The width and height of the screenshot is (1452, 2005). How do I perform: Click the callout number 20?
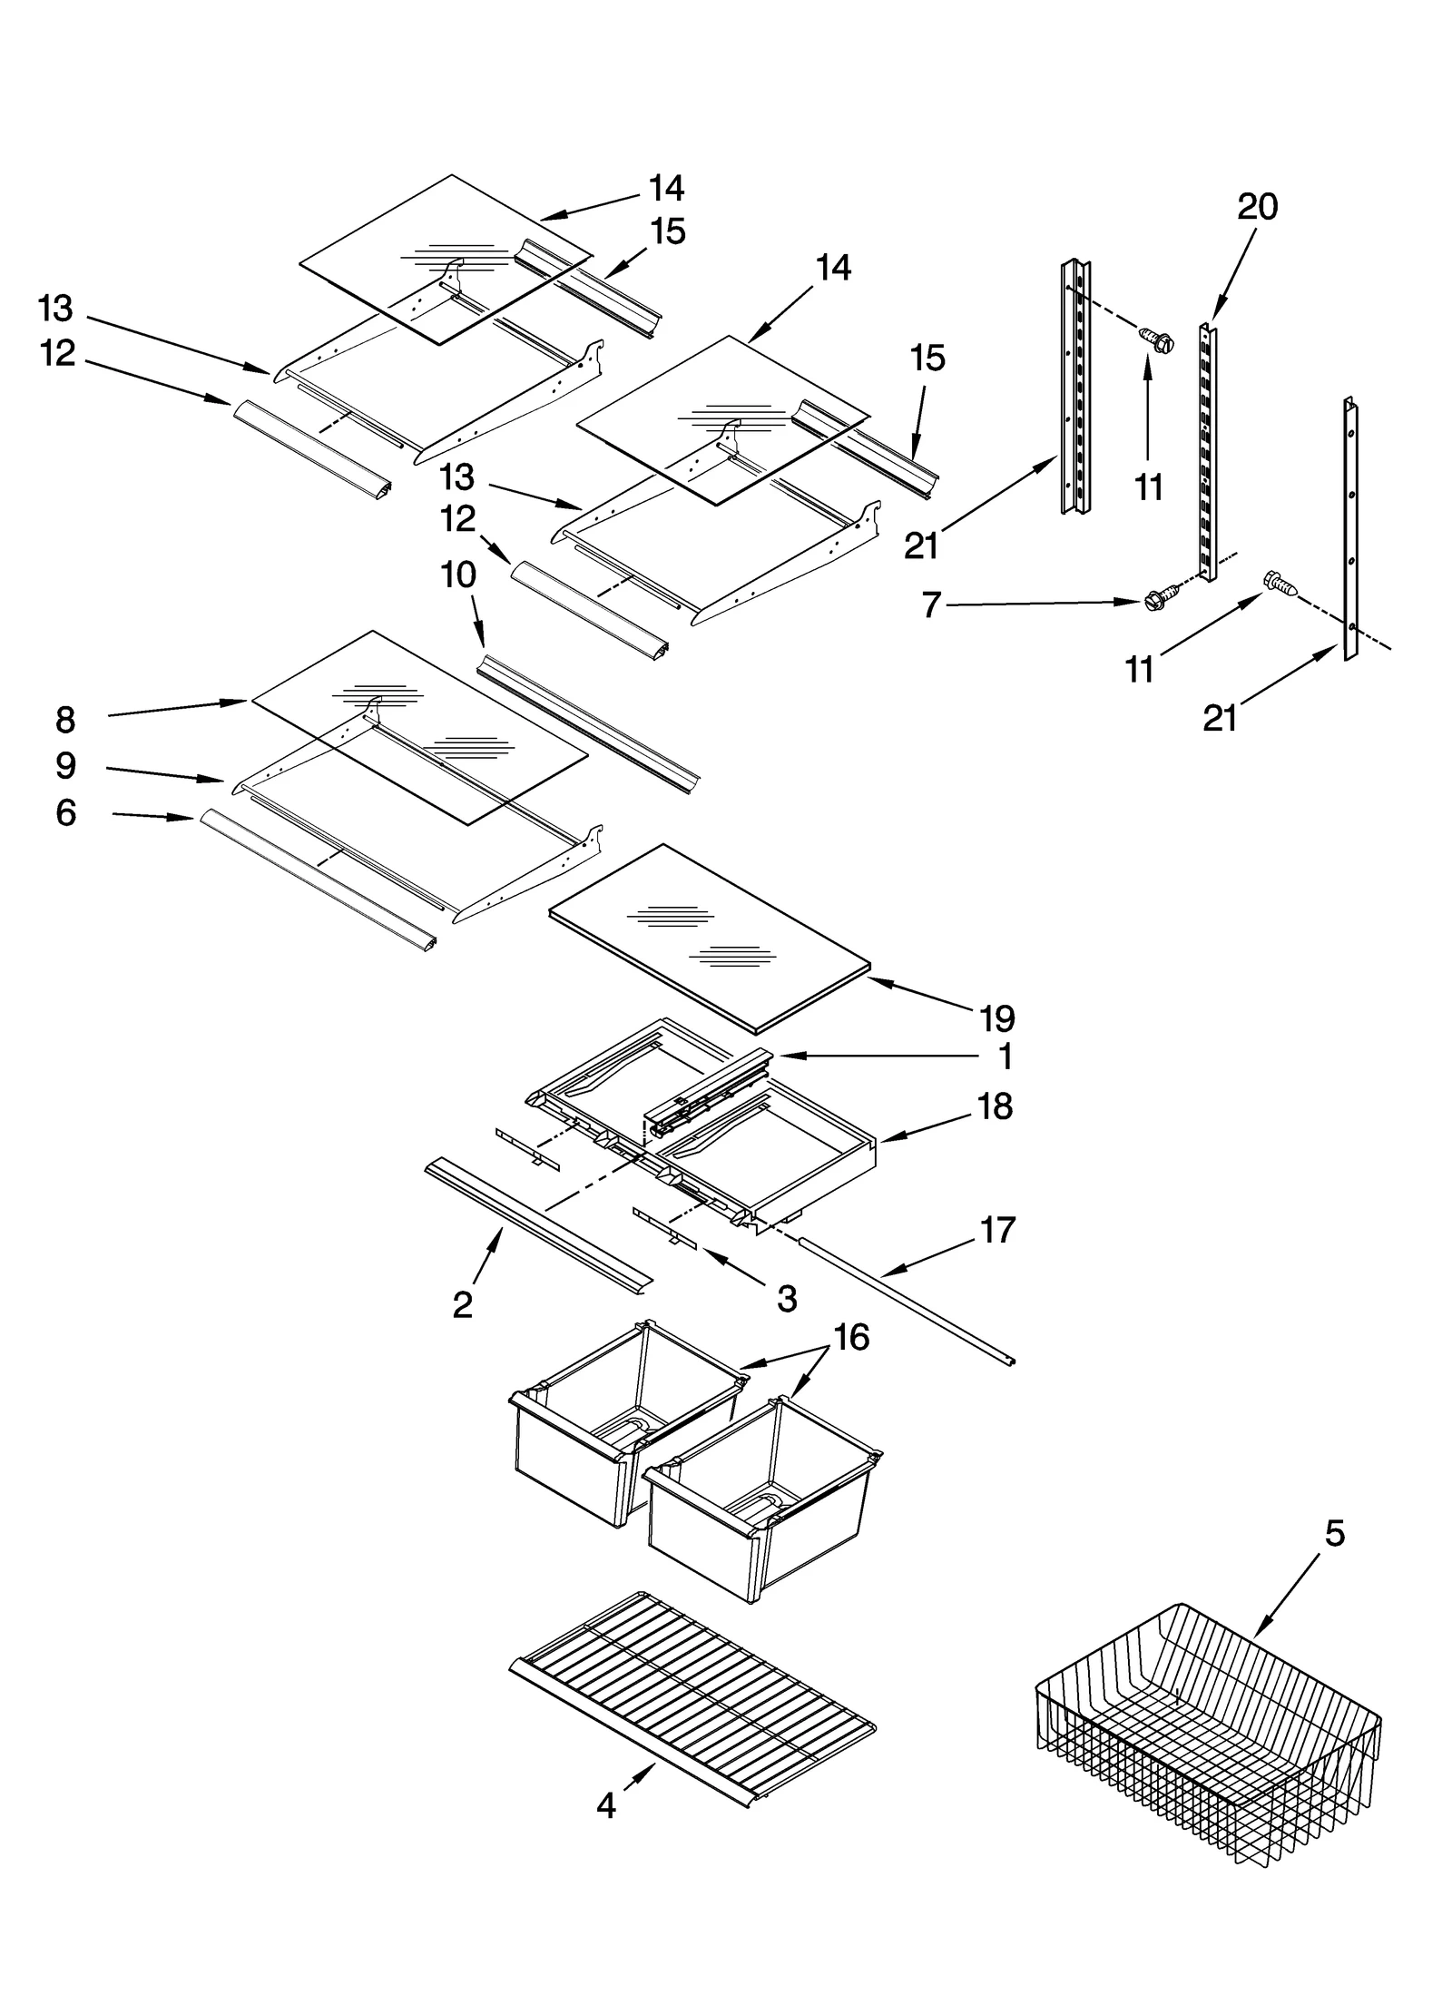coord(1257,208)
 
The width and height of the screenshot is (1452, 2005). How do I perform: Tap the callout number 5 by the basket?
coord(1334,1533)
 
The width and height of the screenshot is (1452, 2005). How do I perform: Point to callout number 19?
coord(996,1018)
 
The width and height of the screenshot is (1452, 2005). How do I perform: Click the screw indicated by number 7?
coord(1156,598)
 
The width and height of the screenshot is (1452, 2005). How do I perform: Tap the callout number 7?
coord(931,604)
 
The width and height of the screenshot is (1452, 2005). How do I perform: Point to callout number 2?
coord(463,1304)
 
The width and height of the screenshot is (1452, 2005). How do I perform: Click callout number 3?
coord(787,1299)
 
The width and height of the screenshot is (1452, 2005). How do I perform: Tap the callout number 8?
coord(65,720)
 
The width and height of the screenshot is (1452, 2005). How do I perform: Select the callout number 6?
coord(65,812)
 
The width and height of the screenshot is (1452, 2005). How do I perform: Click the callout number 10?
coord(459,575)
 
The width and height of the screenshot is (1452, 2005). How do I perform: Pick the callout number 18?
coord(996,1106)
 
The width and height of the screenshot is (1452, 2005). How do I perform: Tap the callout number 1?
coord(1005,1057)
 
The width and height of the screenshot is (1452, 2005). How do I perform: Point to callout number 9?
coord(65,766)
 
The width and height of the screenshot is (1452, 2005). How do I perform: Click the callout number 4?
coord(605,1805)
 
